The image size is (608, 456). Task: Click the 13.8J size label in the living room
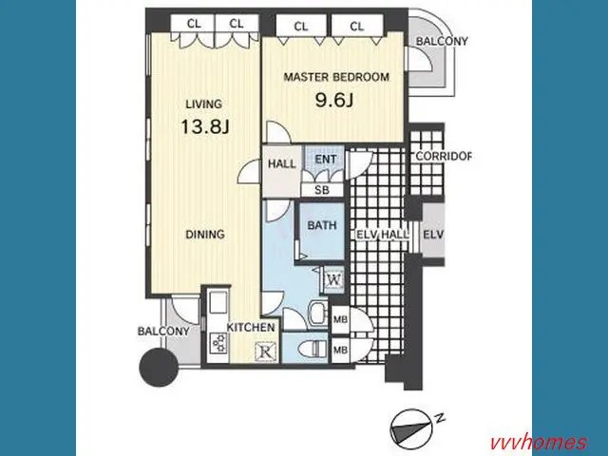point(205,126)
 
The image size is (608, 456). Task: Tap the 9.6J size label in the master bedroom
point(334,101)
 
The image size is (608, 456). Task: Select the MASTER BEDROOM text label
point(336,77)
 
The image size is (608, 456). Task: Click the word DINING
point(205,235)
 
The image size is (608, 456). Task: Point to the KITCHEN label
point(251,327)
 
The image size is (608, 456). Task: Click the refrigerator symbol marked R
point(266,352)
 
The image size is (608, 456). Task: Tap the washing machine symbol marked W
point(334,279)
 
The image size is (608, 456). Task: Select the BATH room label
point(322,225)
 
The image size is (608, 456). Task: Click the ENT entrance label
point(325,159)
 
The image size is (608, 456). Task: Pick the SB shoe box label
point(322,190)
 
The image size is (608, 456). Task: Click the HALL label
point(282,163)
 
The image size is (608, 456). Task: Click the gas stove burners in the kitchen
point(218,343)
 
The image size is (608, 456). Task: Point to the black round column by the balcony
point(159,367)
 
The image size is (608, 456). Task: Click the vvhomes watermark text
point(539,443)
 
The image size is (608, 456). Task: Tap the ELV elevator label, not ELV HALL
point(433,235)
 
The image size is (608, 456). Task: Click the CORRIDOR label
point(444,156)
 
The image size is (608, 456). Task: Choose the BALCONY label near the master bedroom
point(442,41)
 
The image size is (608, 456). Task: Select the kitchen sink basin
point(218,304)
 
